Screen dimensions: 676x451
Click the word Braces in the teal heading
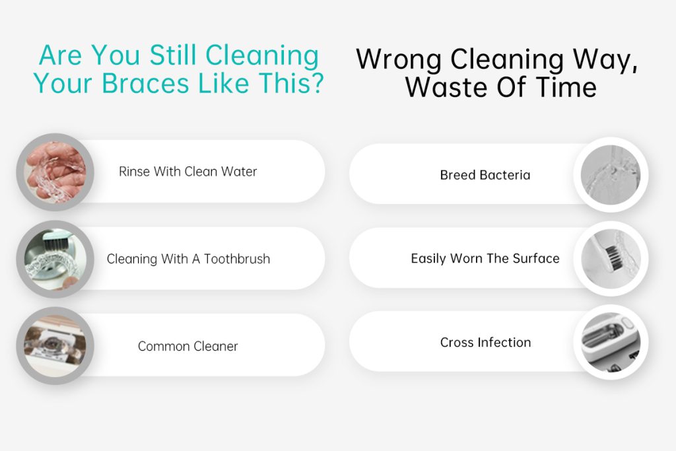[x=146, y=83]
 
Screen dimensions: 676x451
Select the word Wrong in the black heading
[x=399, y=60]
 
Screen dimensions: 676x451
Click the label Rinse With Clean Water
[x=188, y=172]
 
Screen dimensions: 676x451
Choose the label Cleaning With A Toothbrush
[x=188, y=259]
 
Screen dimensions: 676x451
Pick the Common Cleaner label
[x=188, y=346]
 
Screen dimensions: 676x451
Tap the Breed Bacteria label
[x=485, y=175]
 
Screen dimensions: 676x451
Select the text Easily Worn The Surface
[x=485, y=258]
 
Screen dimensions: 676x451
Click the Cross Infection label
[x=485, y=342]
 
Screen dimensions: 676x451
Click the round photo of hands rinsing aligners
[x=55, y=172]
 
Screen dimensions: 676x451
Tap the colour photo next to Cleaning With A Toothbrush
[x=55, y=259]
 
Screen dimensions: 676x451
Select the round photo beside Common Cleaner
[x=55, y=346]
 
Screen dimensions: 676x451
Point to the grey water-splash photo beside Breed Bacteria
[x=611, y=174]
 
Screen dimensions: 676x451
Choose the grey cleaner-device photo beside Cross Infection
[x=611, y=342]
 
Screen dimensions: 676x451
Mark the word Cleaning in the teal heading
[x=262, y=56]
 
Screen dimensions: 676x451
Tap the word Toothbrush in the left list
[x=237, y=259]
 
